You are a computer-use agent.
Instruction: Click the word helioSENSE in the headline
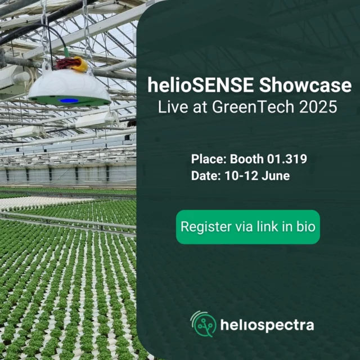(200, 85)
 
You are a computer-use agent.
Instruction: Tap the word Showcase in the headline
(305, 85)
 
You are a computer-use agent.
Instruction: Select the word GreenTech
(253, 107)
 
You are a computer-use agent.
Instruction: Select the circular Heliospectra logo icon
(204, 324)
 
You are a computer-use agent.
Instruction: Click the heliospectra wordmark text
(267, 325)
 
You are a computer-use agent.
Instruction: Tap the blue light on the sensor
(68, 101)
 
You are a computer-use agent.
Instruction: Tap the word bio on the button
(306, 227)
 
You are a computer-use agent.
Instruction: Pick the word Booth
(246, 159)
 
